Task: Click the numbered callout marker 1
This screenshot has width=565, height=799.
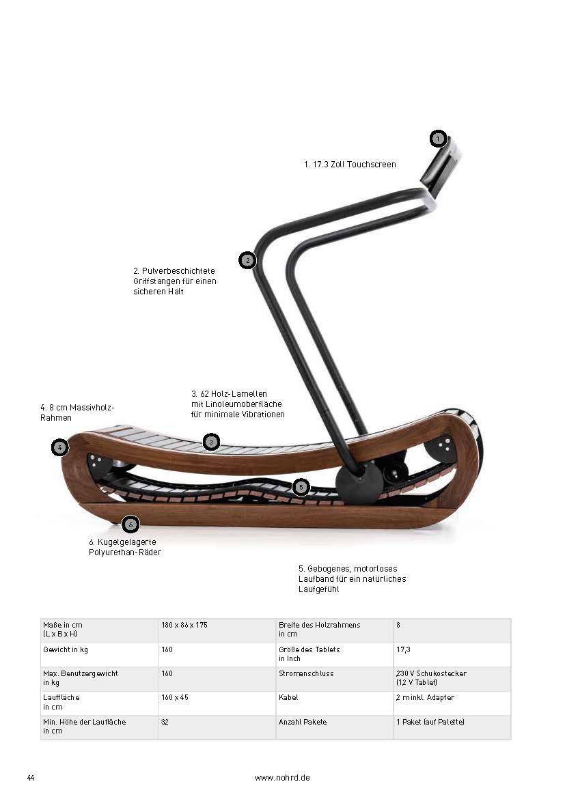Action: [x=438, y=139]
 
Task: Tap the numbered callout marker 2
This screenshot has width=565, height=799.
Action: [x=247, y=260]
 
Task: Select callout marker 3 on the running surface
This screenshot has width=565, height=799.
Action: [x=211, y=442]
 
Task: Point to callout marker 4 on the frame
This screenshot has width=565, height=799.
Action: [x=60, y=447]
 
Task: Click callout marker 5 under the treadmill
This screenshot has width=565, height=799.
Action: [x=301, y=487]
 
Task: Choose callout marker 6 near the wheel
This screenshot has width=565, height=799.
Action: [x=130, y=524]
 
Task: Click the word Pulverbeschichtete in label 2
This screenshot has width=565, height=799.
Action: [x=178, y=271]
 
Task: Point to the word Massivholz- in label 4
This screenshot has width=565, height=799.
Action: [x=92, y=408]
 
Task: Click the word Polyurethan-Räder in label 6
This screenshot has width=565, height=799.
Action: [x=125, y=552]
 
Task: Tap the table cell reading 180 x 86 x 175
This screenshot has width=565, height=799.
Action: [x=184, y=625]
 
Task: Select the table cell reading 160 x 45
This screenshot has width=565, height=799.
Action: [x=175, y=697]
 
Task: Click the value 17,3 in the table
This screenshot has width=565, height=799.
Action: [x=403, y=649]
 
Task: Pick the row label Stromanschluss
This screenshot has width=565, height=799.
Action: [x=306, y=673]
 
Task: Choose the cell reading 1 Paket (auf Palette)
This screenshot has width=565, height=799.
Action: [x=430, y=722]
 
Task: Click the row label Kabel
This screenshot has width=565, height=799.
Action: [x=288, y=697]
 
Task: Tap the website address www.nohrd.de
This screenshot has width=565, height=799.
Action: [x=283, y=778]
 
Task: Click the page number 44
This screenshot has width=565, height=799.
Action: [x=31, y=778]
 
